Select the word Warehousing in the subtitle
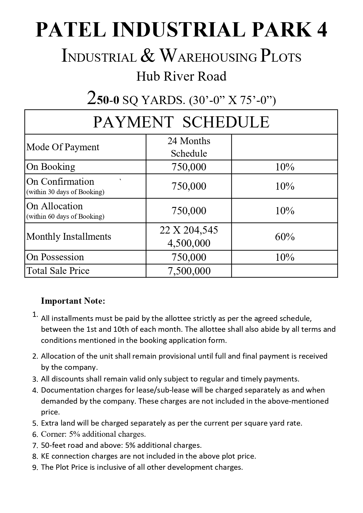(208, 56)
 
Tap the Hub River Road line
(181, 77)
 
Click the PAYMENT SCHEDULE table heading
(181, 122)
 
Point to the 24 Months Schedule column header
(189, 147)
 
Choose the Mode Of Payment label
(63, 147)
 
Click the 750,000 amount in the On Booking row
(189, 167)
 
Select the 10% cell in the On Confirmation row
(284, 186)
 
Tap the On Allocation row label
(55, 206)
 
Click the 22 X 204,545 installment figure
(189, 230)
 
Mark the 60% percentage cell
(284, 237)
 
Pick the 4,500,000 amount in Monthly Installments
(189, 243)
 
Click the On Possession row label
(55, 257)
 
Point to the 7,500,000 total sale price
(189, 271)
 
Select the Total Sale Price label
(58, 271)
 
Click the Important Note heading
(73, 301)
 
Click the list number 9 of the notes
(35, 468)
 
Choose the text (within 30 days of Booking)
(65, 192)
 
